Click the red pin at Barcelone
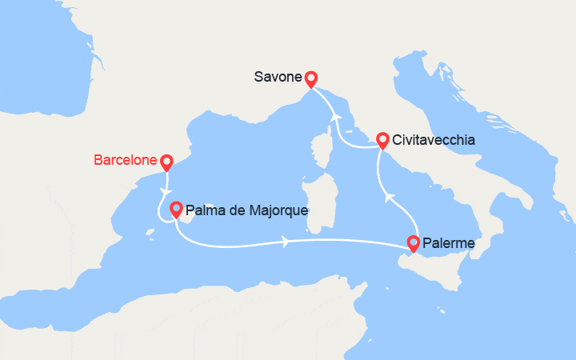tap(166, 162)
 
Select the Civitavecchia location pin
tap(382, 140)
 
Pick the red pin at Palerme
tap(414, 243)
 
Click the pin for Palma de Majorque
tap(175, 210)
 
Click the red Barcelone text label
tap(125, 160)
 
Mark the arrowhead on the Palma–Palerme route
tap(286, 240)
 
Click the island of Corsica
tap(325, 152)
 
